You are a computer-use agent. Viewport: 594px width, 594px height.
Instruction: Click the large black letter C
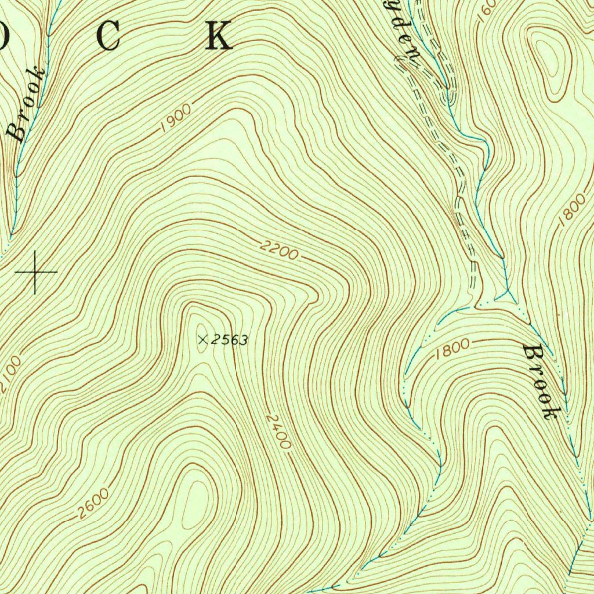[x=108, y=37]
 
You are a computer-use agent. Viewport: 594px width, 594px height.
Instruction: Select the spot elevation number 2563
[x=229, y=341]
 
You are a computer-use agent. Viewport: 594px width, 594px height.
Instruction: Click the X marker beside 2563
[x=202, y=340]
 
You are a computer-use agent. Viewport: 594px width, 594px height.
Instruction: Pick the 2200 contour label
[x=279, y=251]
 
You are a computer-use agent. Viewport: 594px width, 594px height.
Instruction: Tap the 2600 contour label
[x=92, y=503]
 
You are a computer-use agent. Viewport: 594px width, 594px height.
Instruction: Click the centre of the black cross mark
[x=35, y=271]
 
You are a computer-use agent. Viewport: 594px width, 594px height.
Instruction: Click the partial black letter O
[x=5, y=37]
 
